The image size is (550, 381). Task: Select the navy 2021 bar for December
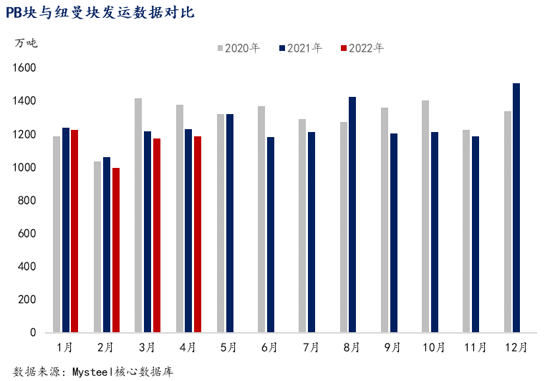pyautogui.click(x=516, y=208)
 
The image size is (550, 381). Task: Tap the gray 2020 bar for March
pyautogui.click(x=138, y=215)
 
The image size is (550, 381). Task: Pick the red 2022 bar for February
pyautogui.click(x=115, y=250)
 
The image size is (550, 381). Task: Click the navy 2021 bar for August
pyautogui.click(x=352, y=215)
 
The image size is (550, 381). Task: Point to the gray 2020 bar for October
pyautogui.click(x=425, y=217)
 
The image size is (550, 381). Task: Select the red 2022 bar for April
pyautogui.click(x=198, y=235)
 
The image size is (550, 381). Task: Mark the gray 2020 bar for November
pyautogui.click(x=466, y=231)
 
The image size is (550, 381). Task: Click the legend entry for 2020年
pyautogui.click(x=238, y=48)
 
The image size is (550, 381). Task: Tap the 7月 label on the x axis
pyautogui.click(x=311, y=347)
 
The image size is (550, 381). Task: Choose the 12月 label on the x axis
pyautogui.click(x=516, y=347)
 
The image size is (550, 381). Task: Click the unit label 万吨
pyautogui.click(x=26, y=42)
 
